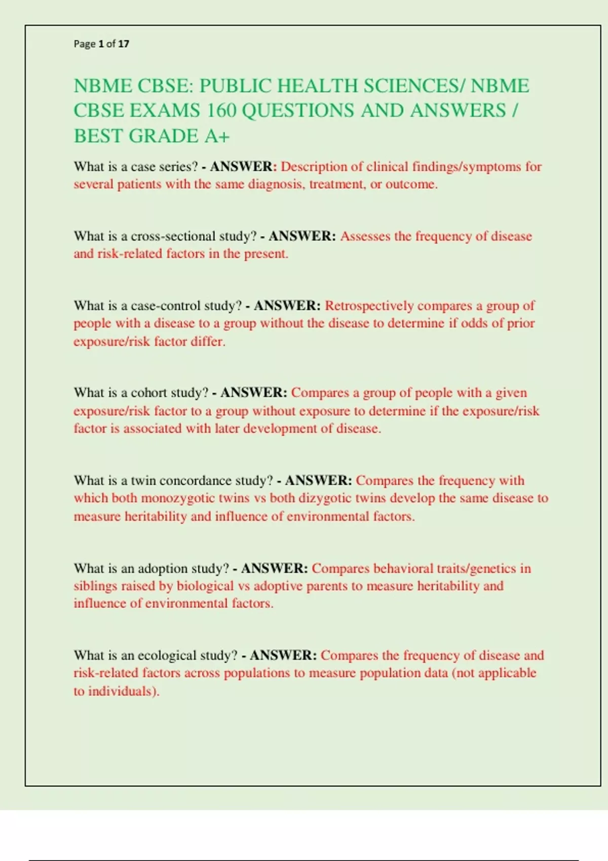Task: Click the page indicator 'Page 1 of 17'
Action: click(101, 44)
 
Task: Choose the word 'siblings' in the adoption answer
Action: click(95, 586)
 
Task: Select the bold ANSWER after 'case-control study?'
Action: click(287, 306)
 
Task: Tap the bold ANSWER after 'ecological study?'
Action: click(283, 655)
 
